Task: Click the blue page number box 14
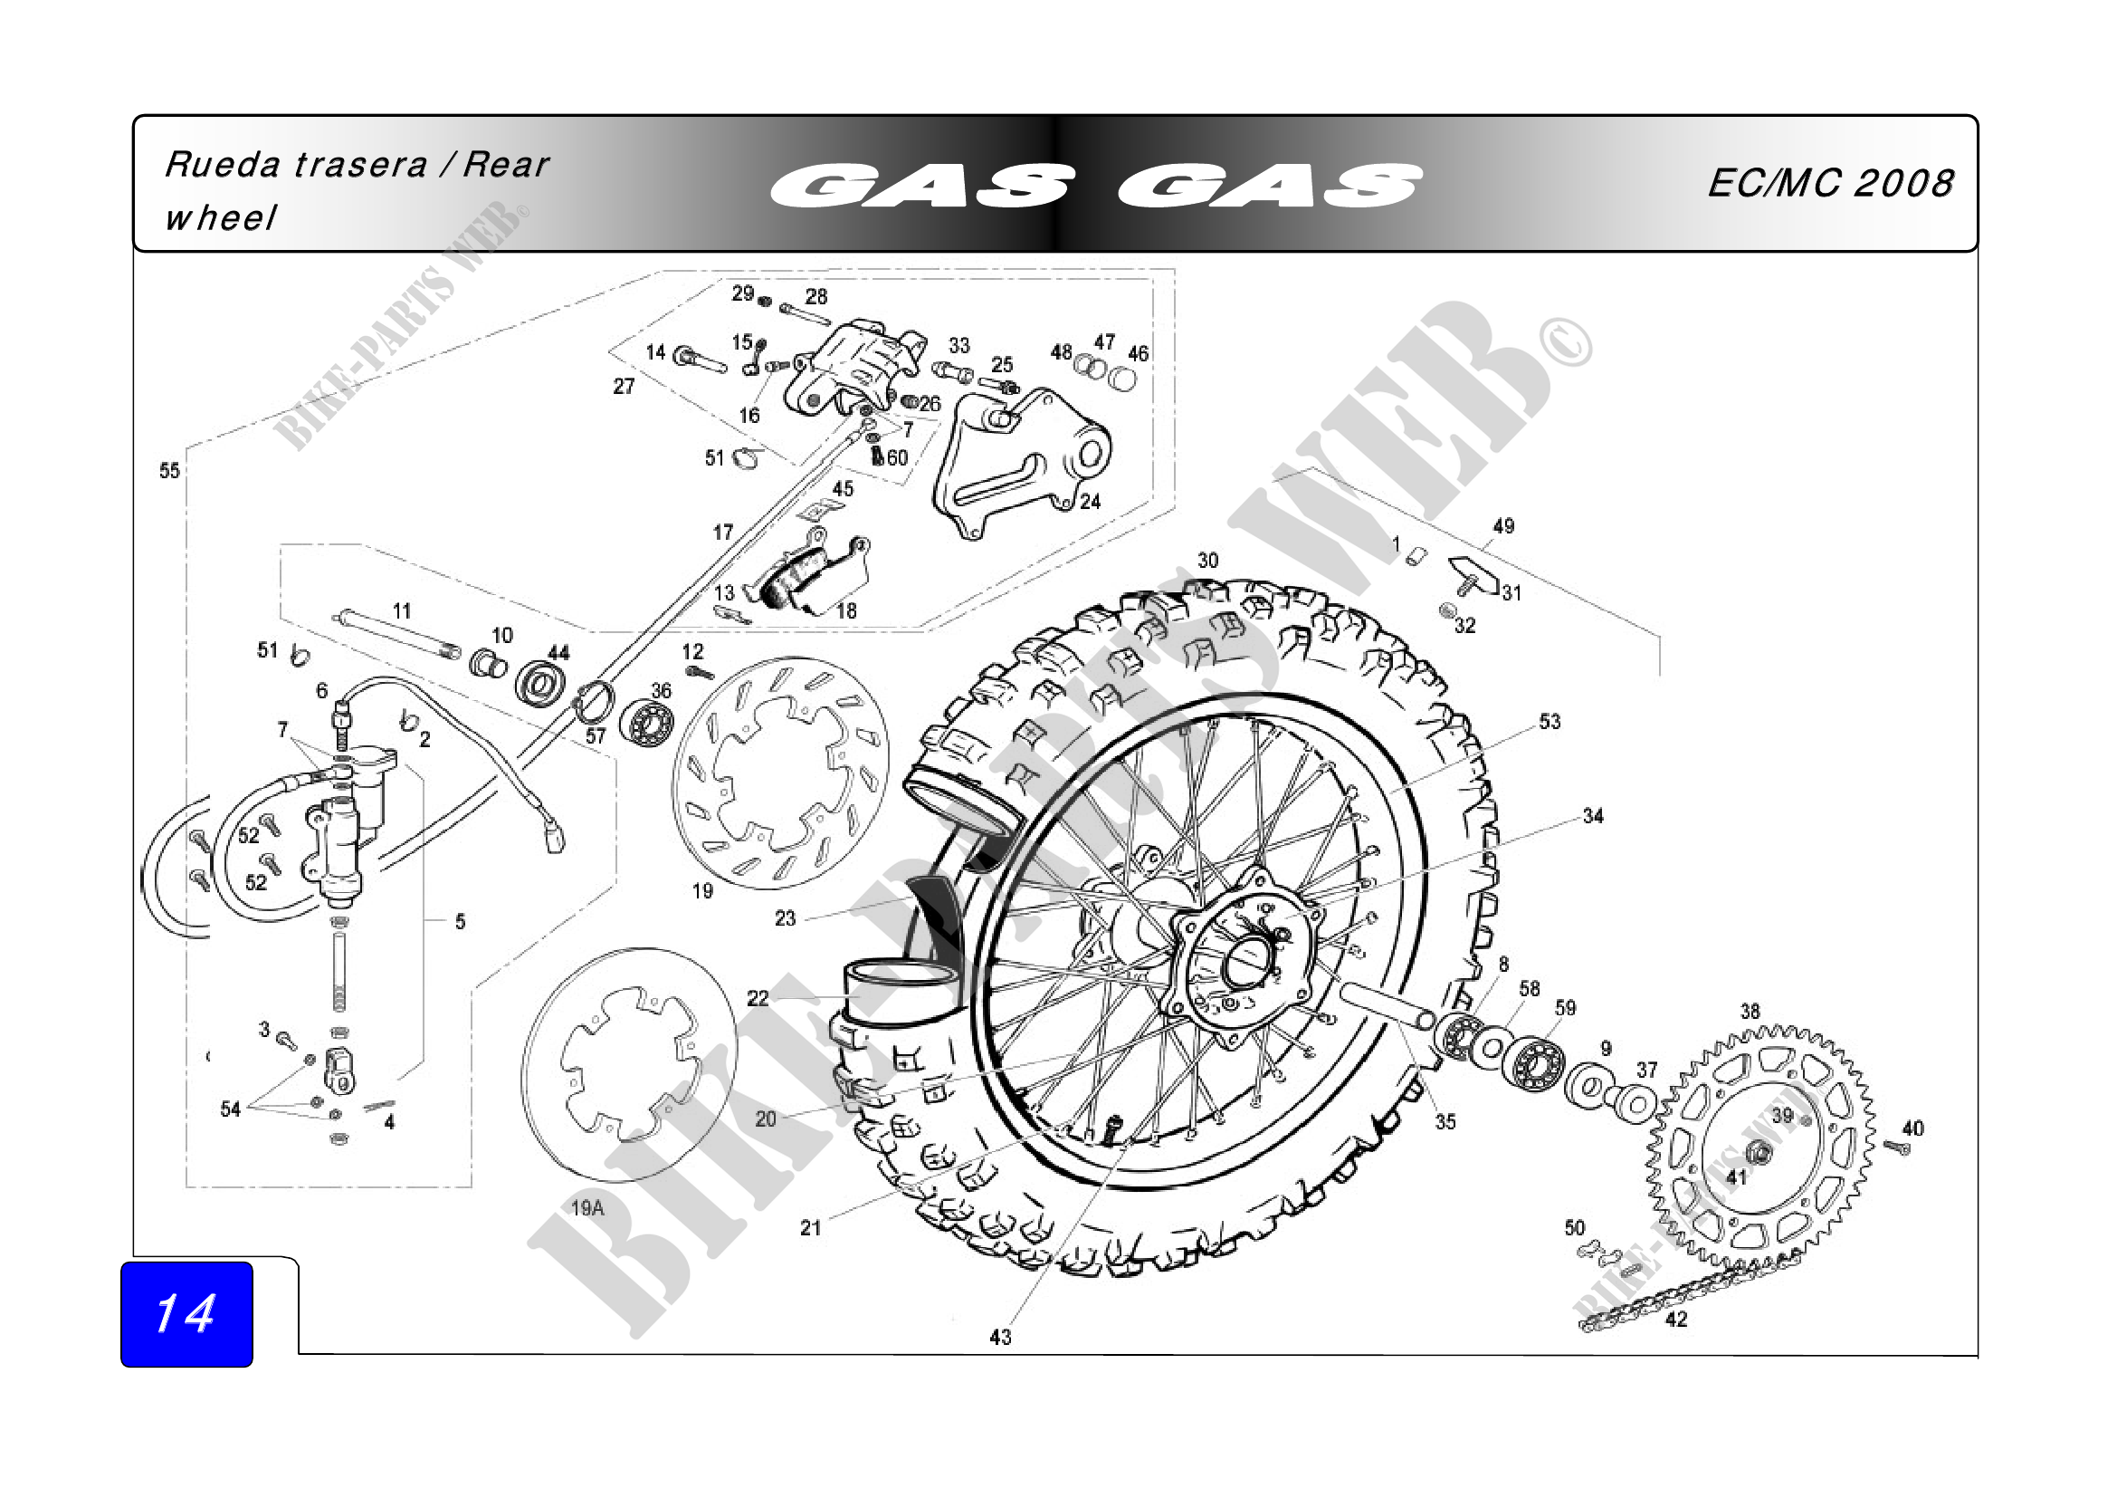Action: tap(186, 1313)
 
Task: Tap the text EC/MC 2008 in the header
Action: tap(1829, 184)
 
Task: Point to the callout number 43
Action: tap(999, 1337)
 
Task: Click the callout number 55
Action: tap(168, 471)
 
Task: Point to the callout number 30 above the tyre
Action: tap(1207, 561)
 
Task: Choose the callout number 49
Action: tap(1503, 526)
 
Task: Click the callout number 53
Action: tap(1549, 721)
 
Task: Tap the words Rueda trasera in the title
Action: tap(296, 165)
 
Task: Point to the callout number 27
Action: tap(624, 387)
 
